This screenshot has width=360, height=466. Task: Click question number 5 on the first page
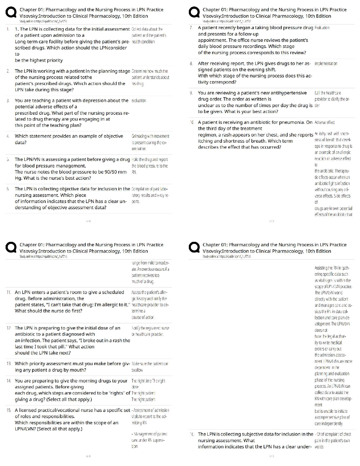pos(8,159)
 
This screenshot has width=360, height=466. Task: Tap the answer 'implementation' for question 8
pos(326,64)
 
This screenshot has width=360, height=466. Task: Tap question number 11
pos(9,292)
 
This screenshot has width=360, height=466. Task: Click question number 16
pos(192,434)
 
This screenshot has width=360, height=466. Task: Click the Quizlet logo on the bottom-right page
pos(194,248)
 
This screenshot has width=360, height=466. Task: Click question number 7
pos(191,28)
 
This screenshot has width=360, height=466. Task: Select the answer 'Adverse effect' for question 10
pos(324,122)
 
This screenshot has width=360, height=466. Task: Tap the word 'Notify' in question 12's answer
pos(136,328)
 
